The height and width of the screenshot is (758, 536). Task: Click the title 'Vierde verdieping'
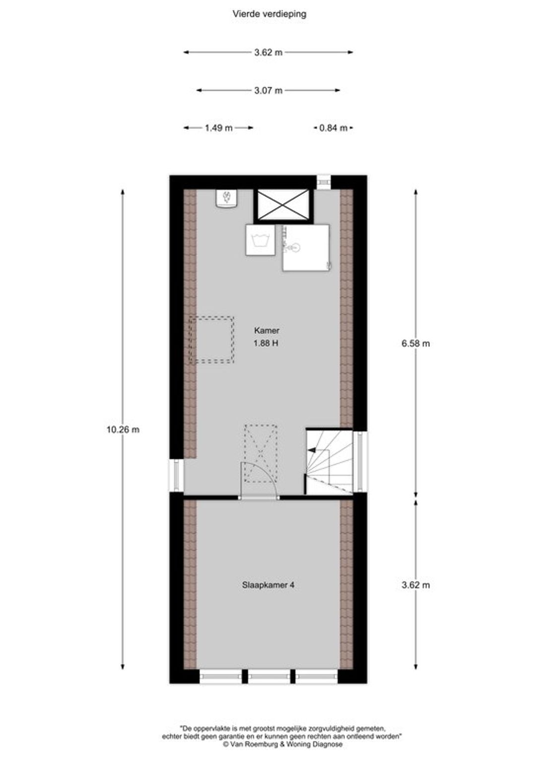(x=269, y=14)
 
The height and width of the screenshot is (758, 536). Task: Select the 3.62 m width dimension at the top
(x=268, y=52)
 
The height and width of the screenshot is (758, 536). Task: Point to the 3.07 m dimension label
(x=268, y=90)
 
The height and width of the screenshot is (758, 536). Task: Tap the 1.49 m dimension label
(x=219, y=128)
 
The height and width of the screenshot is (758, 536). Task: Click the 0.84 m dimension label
(x=333, y=128)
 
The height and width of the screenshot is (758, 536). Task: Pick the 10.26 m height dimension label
(x=123, y=430)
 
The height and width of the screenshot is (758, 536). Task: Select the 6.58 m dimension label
(x=416, y=343)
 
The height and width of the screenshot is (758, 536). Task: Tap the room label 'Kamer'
(x=267, y=330)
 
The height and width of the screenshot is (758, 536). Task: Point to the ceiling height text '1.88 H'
(x=266, y=343)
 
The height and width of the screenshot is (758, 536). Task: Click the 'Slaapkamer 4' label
(x=268, y=585)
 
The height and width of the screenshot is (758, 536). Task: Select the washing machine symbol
(x=261, y=240)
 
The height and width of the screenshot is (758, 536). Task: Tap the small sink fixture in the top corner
(x=227, y=198)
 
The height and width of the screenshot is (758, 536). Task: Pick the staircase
(x=330, y=461)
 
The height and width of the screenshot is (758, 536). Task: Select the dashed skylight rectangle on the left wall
(x=211, y=340)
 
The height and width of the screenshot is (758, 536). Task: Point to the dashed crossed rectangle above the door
(x=261, y=453)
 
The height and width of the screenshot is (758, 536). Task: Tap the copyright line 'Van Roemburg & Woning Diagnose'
(x=282, y=744)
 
